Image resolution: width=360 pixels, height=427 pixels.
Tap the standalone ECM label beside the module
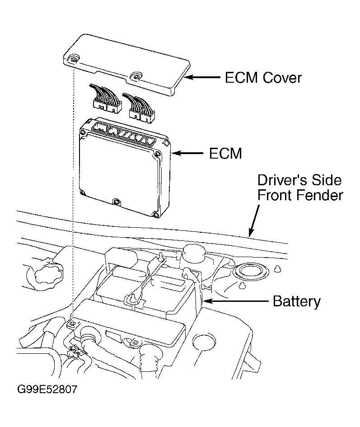point(225,154)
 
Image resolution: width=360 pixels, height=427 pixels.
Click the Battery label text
point(297,301)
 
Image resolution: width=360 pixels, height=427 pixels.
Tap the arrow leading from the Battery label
point(235,300)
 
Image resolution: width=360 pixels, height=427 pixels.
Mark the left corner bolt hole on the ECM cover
point(74,58)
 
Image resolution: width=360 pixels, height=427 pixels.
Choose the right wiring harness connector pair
point(141,106)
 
